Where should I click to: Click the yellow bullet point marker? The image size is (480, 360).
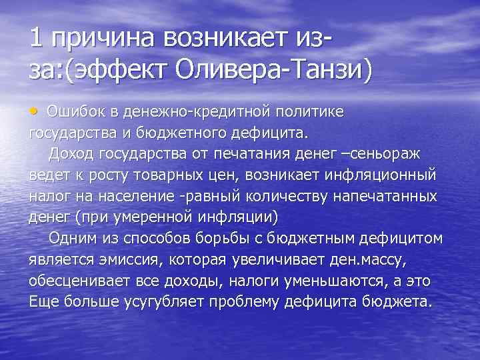point(34,109)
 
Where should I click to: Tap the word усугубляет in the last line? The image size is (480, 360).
point(165,301)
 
